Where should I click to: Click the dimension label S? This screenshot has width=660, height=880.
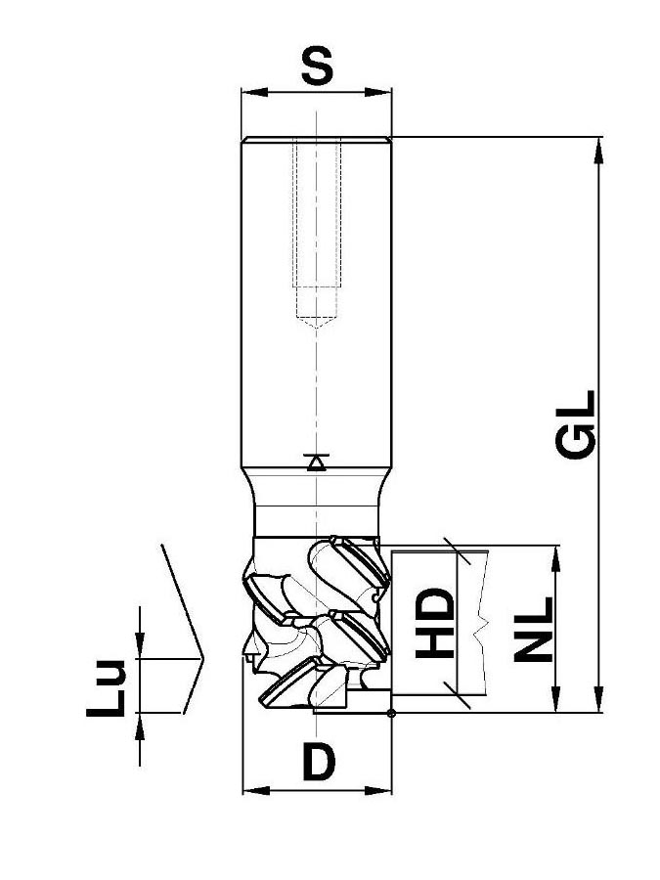tap(318, 66)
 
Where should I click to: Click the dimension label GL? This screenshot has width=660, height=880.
tap(576, 425)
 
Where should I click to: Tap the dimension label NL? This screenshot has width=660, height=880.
tap(534, 629)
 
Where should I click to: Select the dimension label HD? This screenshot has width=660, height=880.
tap(434, 623)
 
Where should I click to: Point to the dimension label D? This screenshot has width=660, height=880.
tap(319, 762)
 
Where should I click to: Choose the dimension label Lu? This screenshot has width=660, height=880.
tap(106, 688)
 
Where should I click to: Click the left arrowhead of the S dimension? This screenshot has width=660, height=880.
tap(254, 92)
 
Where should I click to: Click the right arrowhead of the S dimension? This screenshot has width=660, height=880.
tap(378, 92)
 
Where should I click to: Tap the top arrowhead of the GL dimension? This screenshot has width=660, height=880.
tap(598, 151)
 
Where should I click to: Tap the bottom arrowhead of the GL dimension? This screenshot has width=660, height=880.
tap(598, 699)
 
